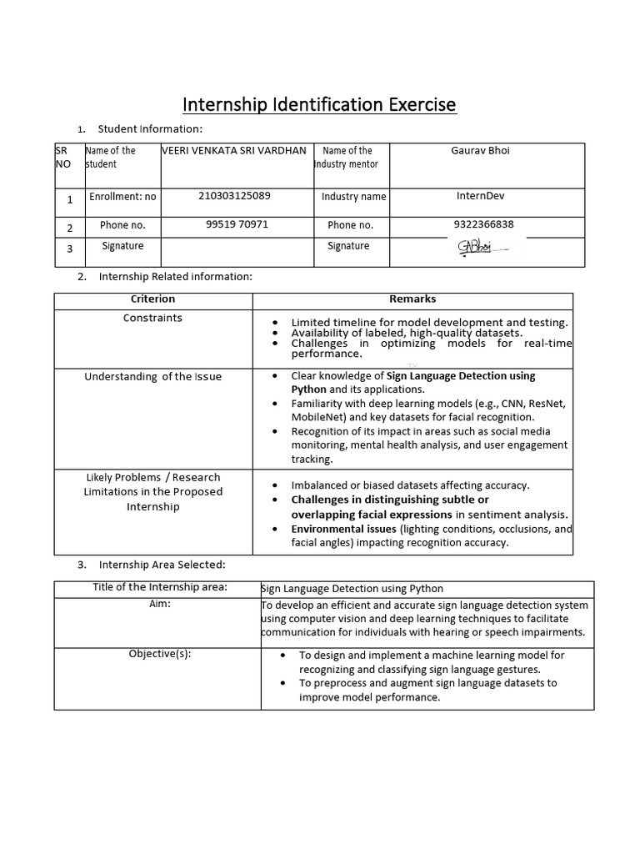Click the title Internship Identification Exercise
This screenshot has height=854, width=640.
click(x=320, y=104)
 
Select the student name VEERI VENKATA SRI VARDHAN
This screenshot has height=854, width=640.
click(x=234, y=151)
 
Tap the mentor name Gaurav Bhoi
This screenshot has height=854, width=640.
click(x=480, y=151)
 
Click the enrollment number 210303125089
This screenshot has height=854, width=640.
click(x=234, y=196)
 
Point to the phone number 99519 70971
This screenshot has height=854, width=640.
click(x=237, y=224)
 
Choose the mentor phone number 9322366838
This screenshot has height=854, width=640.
click(x=483, y=224)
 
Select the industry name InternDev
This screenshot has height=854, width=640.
click(x=481, y=196)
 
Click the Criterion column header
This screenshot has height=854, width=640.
click(x=153, y=299)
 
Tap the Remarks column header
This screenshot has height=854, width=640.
click(x=412, y=299)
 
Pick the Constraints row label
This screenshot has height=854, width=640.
click(x=152, y=318)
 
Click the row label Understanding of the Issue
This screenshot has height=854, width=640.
click(x=153, y=376)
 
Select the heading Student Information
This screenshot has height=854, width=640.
click(x=150, y=128)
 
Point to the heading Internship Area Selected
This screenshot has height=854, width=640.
click(x=162, y=565)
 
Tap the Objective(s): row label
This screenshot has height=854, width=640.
click(x=159, y=653)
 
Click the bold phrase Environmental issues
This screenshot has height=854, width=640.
click(x=343, y=529)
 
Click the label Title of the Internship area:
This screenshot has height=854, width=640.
click(x=159, y=587)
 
